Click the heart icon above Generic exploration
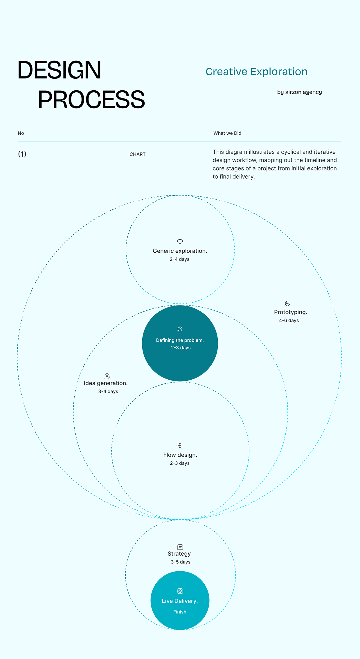(180, 241)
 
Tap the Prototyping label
(291, 312)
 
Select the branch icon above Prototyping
(287, 304)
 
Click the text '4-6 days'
(289, 320)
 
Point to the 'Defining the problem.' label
(180, 340)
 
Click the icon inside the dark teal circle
(180, 329)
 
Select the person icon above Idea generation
(107, 376)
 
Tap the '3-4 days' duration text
(108, 391)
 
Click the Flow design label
(180, 455)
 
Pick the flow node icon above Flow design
(180, 446)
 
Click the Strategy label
(179, 554)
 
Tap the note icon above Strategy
(180, 547)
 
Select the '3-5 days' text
(181, 562)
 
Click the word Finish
(180, 612)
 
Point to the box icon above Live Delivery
(180, 591)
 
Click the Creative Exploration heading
(257, 71)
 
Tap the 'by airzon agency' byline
(300, 92)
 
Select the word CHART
(138, 154)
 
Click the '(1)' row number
(22, 154)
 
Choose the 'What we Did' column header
(227, 133)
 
